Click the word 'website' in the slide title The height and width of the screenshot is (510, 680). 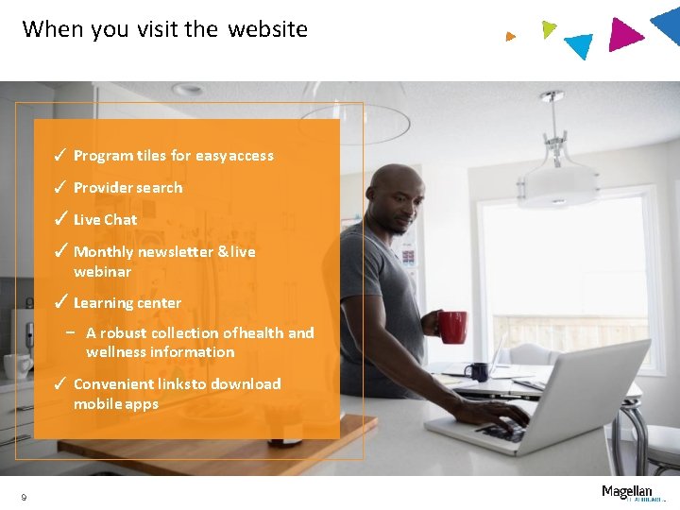coord(267,29)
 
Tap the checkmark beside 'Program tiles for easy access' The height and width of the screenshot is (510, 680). coord(59,155)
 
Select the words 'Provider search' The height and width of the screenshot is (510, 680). coord(127,187)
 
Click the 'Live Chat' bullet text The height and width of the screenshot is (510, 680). coord(105,219)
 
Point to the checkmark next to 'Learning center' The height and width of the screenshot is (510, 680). coord(59,302)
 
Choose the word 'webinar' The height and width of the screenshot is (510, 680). coord(102,271)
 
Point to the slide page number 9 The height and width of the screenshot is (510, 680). coord(24,498)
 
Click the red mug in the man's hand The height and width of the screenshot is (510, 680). coord(452,327)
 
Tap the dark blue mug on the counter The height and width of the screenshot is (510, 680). coord(478,371)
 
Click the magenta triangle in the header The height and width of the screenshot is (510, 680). coord(623,35)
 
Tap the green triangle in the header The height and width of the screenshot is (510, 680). coord(549,29)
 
